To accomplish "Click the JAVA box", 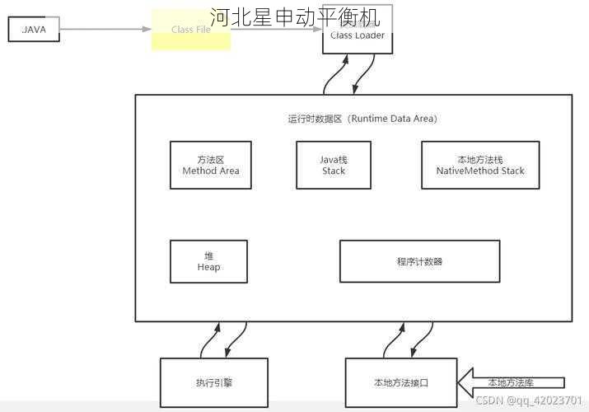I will (x=34, y=29).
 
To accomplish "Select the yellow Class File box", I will (x=190, y=30).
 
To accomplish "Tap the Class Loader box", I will (x=357, y=35).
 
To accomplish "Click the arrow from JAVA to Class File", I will (x=105, y=29).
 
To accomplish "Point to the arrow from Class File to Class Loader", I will (x=276, y=30).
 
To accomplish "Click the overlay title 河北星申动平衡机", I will (x=294, y=16).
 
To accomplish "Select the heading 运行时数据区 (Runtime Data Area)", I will (x=362, y=119).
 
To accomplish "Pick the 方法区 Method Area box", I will (x=211, y=165).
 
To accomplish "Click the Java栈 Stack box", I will (x=334, y=165).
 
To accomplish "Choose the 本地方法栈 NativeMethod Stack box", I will (x=480, y=165).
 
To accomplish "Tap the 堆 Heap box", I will (x=208, y=261).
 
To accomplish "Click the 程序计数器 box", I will (x=419, y=261).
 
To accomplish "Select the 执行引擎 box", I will (x=214, y=382).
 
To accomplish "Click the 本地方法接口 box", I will (x=401, y=382).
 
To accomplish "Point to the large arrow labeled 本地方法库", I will (x=511, y=382).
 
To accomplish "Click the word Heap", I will (x=208, y=267).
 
